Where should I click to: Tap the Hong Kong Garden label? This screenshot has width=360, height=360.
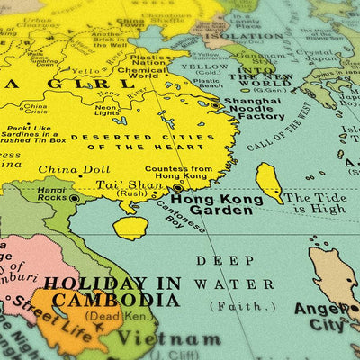coord(215,206)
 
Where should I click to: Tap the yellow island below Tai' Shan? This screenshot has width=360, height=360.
coord(131,227)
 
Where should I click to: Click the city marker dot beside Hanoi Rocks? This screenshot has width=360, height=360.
coord(75,197)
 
